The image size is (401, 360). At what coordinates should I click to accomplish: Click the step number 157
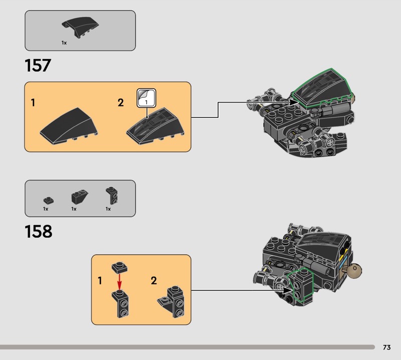38,65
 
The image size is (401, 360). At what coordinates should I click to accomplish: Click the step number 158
38,232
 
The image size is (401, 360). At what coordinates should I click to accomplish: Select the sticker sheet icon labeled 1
146,98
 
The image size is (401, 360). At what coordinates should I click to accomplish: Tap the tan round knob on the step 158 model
356,271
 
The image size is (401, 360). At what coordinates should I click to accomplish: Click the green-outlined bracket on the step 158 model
301,286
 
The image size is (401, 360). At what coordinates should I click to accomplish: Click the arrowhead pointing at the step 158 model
288,290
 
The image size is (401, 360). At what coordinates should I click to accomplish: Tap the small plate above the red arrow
119,266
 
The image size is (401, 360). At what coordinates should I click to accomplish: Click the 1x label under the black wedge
64,43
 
